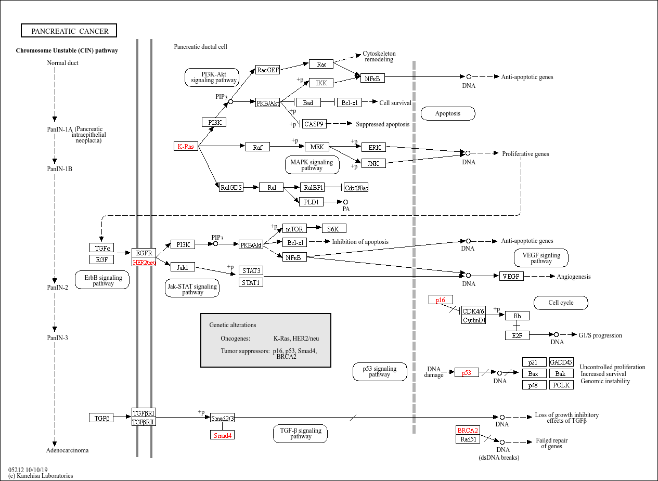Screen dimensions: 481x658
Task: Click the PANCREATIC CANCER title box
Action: pyautogui.click(x=69, y=31)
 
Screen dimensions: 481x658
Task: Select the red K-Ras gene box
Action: pyautogui.click(x=186, y=147)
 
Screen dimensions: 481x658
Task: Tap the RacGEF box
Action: pyautogui.click(x=268, y=70)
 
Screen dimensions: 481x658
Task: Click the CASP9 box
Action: pyautogui.click(x=314, y=124)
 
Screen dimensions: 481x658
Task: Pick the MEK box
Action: pyautogui.click(x=317, y=147)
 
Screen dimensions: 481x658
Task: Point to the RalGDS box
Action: pyautogui.click(x=231, y=187)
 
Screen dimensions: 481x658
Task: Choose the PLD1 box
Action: pyautogui.click(x=311, y=202)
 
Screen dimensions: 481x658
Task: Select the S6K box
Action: pyautogui.click(x=334, y=229)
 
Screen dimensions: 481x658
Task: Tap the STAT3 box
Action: pyautogui.click(x=251, y=270)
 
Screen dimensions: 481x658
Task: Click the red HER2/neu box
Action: pyautogui.click(x=144, y=263)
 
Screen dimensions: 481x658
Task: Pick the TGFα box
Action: pyautogui.click(x=101, y=248)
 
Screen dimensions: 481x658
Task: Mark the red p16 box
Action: pyautogui.click(x=441, y=300)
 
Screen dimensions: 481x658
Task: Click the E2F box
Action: pyautogui.click(x=517, y=335)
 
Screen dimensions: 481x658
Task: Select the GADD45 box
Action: pyautogui.click(x=561, y=362)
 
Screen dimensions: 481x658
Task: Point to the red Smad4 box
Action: pyautogui.click(x=222, y=435)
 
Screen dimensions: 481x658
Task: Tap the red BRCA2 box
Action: pyautogui.click(x=468, y=431)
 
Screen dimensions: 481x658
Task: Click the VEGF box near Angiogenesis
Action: pyautogui.click(x=511, y=276)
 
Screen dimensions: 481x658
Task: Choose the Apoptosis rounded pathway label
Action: pyautogui.click(x=447, y=114)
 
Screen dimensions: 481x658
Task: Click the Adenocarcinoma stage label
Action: pyautogui.click(x=68, y=450)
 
